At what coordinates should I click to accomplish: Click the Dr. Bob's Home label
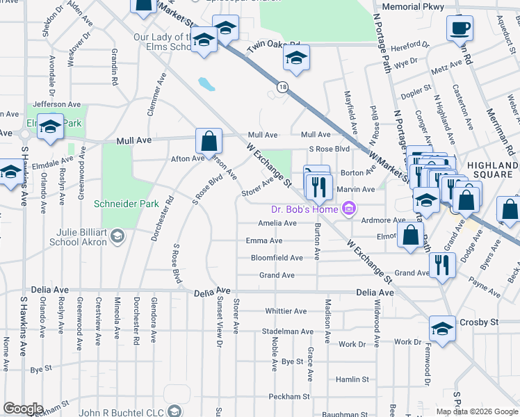click(303, 209)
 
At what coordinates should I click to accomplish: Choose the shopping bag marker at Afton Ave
click(209, 142)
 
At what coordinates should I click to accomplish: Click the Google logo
click(23, 409)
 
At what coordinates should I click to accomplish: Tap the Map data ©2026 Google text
click(476, 411)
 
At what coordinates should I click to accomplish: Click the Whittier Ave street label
click(286, 311)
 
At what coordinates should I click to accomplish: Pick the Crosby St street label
click(479, 323)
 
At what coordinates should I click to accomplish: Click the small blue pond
click(206, 85)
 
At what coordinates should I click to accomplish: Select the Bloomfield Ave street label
click(277, 258)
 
